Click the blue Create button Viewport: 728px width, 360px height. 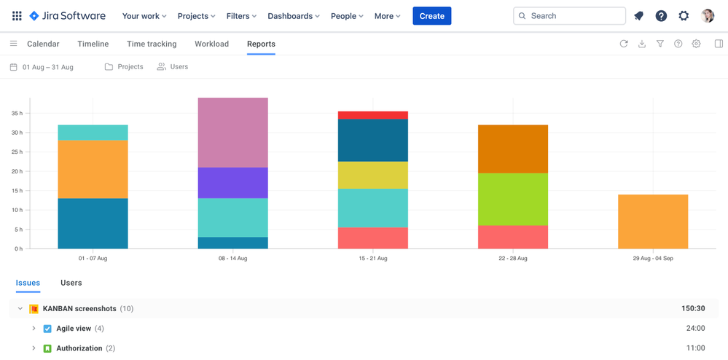click(431, 16)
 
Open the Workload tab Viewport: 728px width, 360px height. click(211, 44)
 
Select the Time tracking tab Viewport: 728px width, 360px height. click(152, 44)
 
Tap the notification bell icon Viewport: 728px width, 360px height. click(638, 16)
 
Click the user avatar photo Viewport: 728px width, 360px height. click(707, 16)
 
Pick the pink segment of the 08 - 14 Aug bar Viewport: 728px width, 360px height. click(232, 133)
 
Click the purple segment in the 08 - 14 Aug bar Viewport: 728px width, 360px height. click(232, 183)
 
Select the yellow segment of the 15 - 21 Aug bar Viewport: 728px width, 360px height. click(372, 176)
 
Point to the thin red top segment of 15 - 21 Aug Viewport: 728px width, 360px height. click(372, 115)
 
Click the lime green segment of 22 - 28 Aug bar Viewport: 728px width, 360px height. click(513, 199)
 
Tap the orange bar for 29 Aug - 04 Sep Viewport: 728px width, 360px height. click(652, 222)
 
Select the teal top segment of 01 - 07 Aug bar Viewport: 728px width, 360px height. click(93, 133)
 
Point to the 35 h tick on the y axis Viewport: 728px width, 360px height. click(17, 114)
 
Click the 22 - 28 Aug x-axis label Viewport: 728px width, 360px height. click(513, 259)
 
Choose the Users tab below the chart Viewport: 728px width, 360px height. click(71, 283)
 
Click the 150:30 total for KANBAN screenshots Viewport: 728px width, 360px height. click(693, 309)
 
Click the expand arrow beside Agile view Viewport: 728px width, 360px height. click(34, 329)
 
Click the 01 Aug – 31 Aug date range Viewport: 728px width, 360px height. click(47, 67)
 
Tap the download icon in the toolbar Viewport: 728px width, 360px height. click(642, 44)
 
